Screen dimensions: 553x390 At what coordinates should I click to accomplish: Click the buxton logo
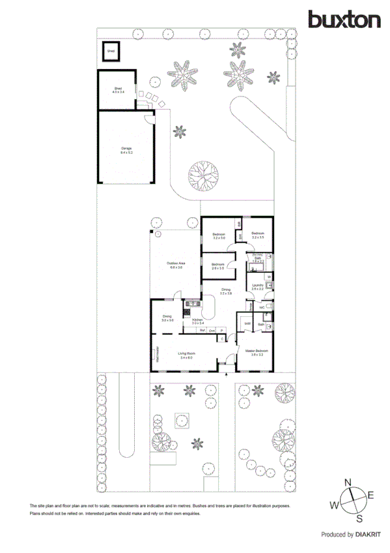(x=344, y=20)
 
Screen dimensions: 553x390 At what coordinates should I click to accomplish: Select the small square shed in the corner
(x=111, y=50)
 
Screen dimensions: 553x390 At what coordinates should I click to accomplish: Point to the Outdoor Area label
(x=176, y=265)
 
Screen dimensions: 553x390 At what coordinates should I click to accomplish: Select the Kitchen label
(x=198, y=321)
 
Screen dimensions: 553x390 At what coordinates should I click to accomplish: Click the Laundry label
(x=258, y=286)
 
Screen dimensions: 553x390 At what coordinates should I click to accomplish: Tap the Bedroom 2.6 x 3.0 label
(x=217, y=266)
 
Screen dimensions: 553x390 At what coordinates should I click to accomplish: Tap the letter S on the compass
(x=359, y=518)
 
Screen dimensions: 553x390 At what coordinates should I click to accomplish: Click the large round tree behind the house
(x=204, y=175)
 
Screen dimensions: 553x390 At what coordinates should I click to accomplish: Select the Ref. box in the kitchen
(x=202, y=331)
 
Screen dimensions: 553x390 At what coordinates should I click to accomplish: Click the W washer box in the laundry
(x=268, y=276)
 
